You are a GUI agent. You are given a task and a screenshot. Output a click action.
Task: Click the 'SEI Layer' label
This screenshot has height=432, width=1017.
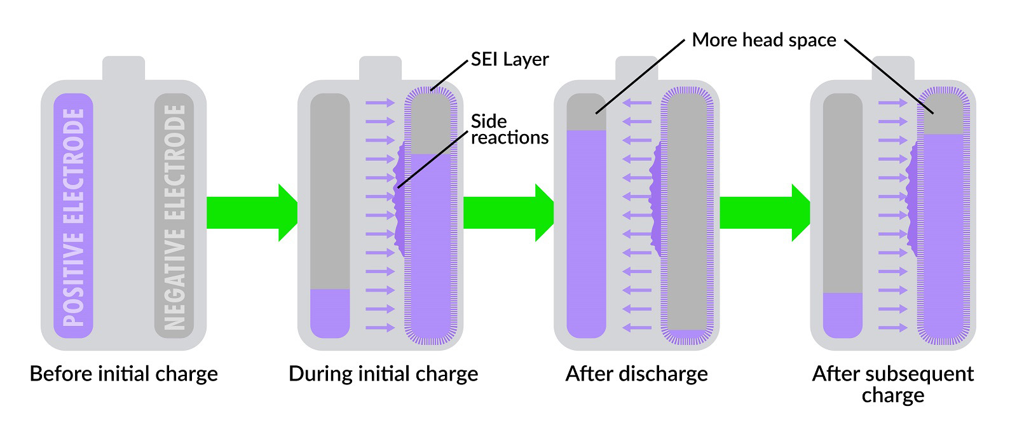(x=509, y=59)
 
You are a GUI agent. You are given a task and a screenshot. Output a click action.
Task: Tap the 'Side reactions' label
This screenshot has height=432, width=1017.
(x=509, y=130)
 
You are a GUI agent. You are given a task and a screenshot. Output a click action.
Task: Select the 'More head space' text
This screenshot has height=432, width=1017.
(x=763, y=40)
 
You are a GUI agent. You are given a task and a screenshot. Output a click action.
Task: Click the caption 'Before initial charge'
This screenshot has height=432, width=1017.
(x=124, y=374)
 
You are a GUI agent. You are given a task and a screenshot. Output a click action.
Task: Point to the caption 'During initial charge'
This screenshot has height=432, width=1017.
(x=383, y=374)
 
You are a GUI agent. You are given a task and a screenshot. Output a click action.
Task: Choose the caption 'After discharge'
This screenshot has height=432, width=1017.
(x=636, y=374)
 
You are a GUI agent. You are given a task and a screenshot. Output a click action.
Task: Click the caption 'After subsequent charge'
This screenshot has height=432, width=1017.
(x=892, y=384)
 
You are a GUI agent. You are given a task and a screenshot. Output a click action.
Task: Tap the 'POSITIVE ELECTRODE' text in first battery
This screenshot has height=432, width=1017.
(x=74, y=217)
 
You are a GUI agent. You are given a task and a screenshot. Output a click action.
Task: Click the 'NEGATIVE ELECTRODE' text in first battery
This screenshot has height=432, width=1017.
(x=174, y=217)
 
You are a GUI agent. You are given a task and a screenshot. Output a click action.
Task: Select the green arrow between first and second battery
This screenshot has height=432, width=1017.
(x=252, y=213)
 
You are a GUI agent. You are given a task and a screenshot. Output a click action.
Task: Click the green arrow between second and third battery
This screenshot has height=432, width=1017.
(x=508, y=213)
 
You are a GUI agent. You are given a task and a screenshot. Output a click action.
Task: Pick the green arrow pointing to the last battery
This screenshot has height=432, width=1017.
(x=765, y=213)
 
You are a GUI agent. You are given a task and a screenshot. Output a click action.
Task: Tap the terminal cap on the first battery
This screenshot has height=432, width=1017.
(x=124, y=68)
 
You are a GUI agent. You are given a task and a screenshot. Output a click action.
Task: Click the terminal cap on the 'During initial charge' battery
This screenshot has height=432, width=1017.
(x=380, y=68)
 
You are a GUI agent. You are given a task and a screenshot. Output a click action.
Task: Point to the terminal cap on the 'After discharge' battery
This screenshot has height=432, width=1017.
(x=636, y=68)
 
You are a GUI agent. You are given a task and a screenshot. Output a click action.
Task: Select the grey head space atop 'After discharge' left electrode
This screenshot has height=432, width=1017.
(x=586, y=112)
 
